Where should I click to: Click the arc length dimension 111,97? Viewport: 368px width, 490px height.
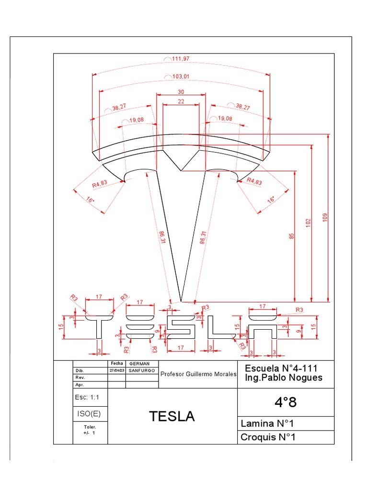(180, 58)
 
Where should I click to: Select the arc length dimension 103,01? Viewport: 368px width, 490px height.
(180, 77)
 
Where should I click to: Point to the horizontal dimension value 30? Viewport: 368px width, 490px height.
(181, 92)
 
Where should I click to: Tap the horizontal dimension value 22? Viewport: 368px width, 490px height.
(181, 101)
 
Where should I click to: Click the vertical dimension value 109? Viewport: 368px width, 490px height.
(324, 218)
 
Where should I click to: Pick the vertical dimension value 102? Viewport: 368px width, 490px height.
(308, 223)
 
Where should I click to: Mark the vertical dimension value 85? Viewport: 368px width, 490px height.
(291, 236)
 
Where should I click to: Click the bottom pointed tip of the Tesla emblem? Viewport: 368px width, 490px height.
(181, 301)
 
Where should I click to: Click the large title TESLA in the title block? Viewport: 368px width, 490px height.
(172, 417)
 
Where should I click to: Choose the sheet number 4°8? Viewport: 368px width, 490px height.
(286, 402)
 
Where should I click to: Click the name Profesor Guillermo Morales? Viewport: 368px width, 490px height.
(198, 374)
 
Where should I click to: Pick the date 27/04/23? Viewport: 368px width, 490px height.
(116, 371)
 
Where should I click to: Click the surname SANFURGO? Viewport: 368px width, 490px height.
(141, 371)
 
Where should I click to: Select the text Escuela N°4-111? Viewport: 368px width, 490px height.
(281, 368)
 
